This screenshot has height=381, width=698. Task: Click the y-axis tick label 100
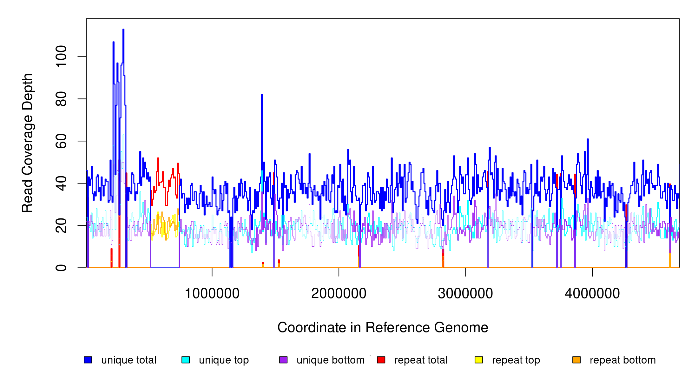tap(61, 57)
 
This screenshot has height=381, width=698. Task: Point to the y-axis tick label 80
tap(61, 99)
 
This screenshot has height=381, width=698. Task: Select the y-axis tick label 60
tap(61, 141)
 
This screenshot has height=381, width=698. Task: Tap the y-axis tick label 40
tap(61, 183)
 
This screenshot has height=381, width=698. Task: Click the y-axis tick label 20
tap(61, 225)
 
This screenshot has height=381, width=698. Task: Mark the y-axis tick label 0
tap(61, 268)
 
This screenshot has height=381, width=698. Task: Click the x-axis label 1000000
tap(212, 293)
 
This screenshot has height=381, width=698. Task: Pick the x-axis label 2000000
tap(339, 293)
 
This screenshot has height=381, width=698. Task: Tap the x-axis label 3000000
tap(465, 293)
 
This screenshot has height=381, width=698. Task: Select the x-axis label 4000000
tap(592, 293)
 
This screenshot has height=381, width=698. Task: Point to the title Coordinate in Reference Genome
tap(383, 327)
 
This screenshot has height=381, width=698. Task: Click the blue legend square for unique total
tap(88, 360)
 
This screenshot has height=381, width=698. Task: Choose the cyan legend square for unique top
tap(186, 360)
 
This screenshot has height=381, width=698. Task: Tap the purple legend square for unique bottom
tap(283, 360)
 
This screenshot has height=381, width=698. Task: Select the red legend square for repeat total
tap(381, 360)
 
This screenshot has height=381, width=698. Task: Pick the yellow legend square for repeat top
tap(479, 360)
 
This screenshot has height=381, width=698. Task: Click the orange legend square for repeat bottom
tap(576, 360)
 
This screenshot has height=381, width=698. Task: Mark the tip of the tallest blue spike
tap(123, 30)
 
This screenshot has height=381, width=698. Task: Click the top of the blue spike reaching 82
tap(262, 95)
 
